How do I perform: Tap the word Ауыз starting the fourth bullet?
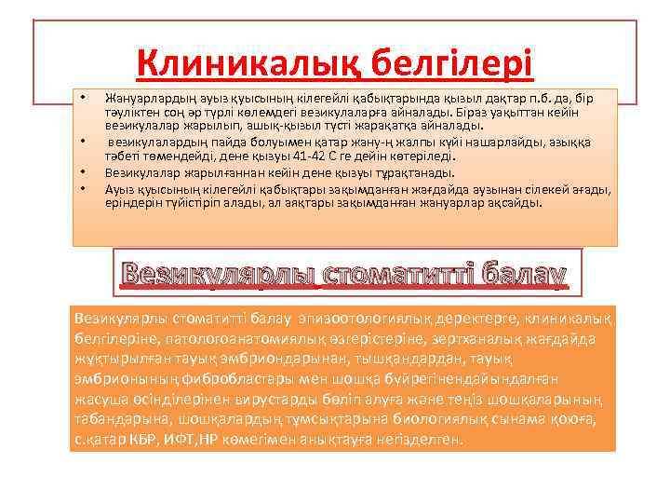pos(118,188)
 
